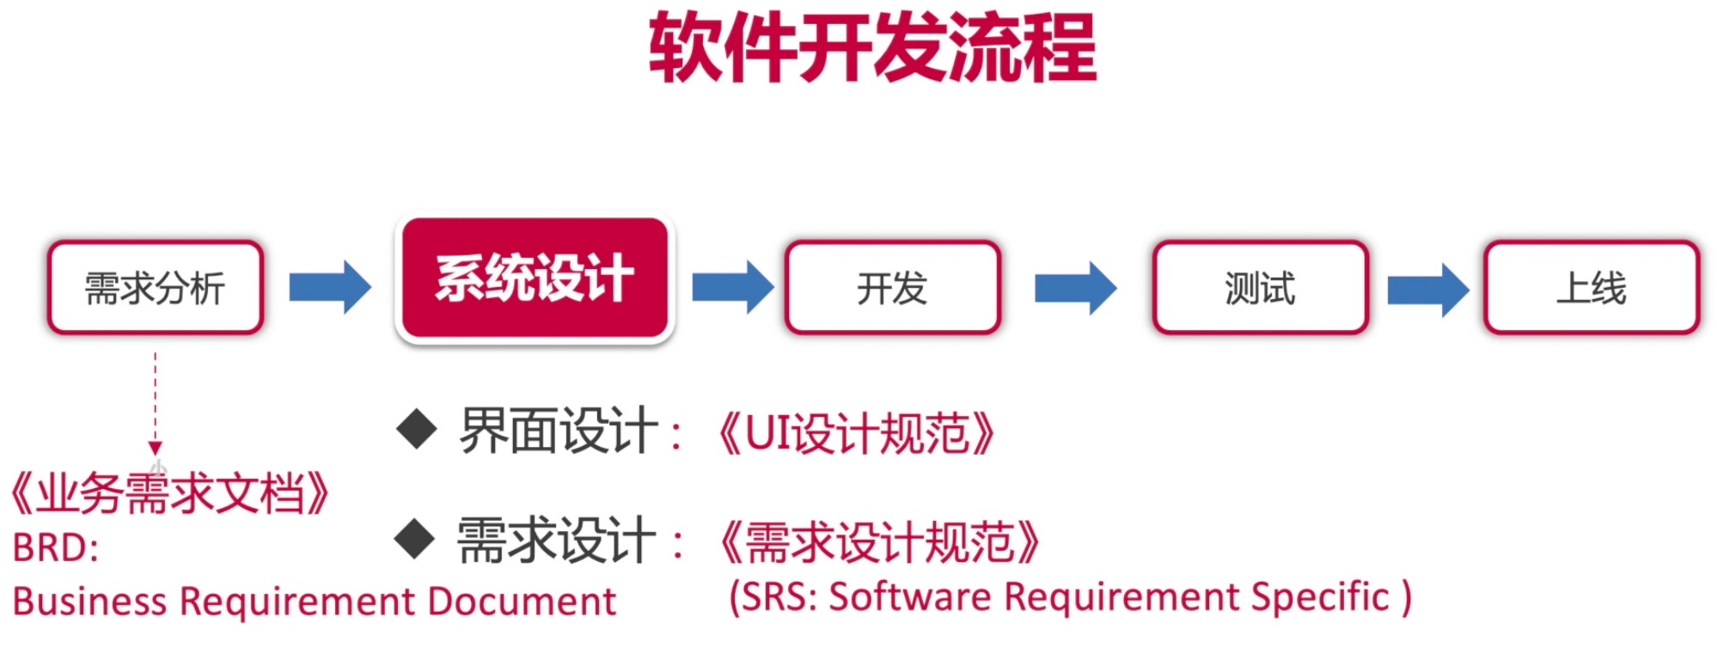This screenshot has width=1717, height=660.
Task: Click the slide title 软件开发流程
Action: coord(872,48)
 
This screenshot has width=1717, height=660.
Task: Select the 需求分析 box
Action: coord(156,288)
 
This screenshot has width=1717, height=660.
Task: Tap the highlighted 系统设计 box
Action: coord(535,278)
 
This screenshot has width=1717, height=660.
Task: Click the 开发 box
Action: coord(892,288)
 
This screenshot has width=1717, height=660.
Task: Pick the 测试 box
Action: coord(1260,288)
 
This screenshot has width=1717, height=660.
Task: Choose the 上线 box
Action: coord(1592,288)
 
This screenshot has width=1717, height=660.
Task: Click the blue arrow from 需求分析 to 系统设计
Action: coord(330,287)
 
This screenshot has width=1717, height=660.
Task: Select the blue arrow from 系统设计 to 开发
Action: coord(732,287)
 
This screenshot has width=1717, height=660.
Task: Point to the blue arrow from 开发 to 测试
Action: coord(1075,288)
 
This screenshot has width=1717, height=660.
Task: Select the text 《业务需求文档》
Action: coord(169,494)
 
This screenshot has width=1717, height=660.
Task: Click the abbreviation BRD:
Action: coord(56,548)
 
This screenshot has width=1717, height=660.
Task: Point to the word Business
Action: coord(89,602)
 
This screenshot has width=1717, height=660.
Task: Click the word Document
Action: coord(522,602)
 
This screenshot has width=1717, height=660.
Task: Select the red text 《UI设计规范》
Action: coord(856,432)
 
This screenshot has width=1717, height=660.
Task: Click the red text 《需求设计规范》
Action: coord(879,542)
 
